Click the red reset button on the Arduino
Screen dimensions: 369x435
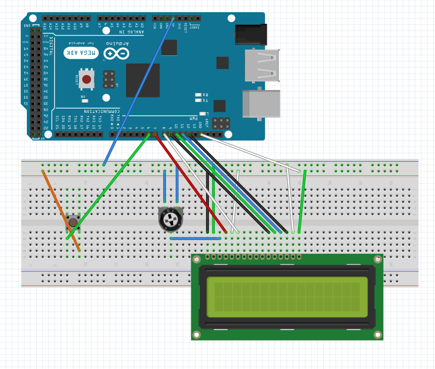[x=87, y=80]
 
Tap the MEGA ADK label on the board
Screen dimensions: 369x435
[x=81, y=53]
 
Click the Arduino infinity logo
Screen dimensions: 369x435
[x=117, y=53]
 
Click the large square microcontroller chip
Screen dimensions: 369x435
[x=142, y=80]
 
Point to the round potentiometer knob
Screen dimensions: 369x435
[x=170, y=220]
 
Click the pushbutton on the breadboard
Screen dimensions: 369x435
[x=73, y=222]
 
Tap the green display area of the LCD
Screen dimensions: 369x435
[x=287, y=297]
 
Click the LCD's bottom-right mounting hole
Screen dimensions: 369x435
[x=377, y=334]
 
